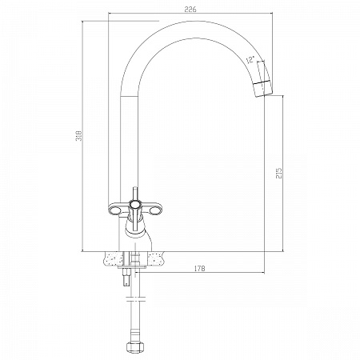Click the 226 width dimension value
click(190, 10)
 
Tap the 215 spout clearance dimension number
click(279, 174)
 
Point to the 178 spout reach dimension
click(199, 269)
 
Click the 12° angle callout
click(250, 60)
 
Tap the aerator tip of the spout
click(262, 89)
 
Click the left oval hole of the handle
click(115, 211)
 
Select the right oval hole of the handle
click(154, 211)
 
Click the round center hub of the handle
click(134, 205)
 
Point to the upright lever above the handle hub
click(134, 194)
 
